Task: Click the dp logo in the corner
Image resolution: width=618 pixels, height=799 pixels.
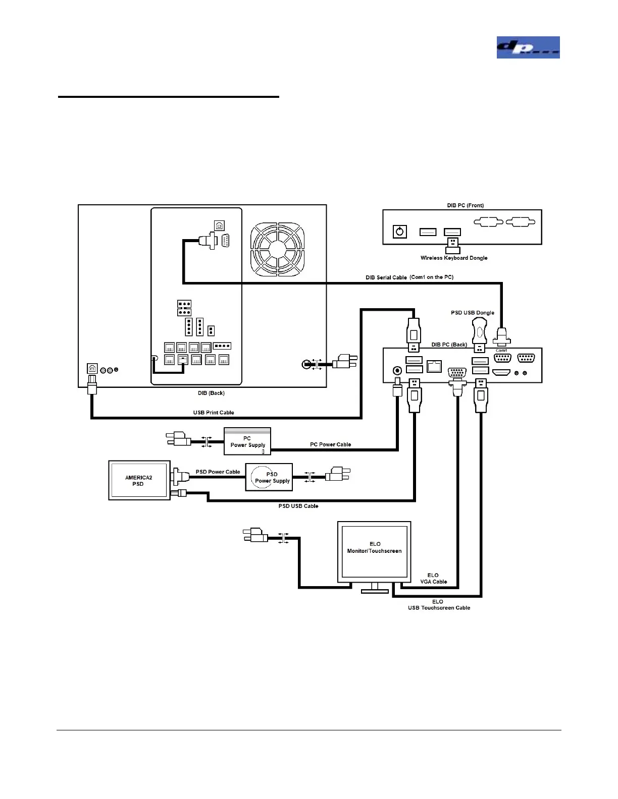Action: (528, 47)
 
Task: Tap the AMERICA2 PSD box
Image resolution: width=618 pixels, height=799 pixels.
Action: (139, 480)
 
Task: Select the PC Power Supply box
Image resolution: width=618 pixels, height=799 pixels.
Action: (247, 441)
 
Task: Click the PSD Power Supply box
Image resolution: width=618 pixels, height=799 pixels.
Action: (272, 477)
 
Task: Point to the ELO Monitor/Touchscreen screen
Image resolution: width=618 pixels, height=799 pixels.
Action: (374, 551)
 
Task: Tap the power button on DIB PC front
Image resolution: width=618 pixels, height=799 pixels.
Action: (400, 232)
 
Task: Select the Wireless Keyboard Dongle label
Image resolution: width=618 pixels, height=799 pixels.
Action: (454, 258)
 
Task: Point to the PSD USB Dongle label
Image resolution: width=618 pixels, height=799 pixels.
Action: (473, 313)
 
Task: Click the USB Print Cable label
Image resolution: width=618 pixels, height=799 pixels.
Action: (214, 413)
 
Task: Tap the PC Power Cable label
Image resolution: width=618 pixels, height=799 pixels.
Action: (330, 444)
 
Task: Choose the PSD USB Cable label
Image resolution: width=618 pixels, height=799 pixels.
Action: (298, 506)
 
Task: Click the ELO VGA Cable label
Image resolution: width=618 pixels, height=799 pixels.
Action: (433, 579)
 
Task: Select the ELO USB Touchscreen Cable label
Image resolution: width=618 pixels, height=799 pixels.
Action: (439, 605)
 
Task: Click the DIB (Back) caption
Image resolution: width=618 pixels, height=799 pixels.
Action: (211, 393)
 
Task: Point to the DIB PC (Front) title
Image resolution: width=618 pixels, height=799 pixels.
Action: (465, 205)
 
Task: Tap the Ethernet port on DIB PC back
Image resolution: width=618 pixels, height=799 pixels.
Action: (434, 366)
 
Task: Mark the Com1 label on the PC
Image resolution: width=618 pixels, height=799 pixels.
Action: (501, 351)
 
